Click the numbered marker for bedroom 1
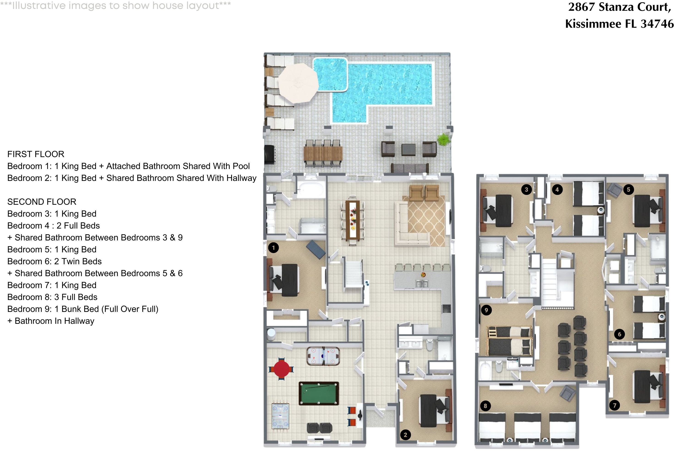[x=273, y=248]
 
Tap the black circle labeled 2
[x=405, y=435]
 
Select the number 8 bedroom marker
[x=485, y=406]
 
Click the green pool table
[x=319, y=393]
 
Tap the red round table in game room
[x=281, y=369]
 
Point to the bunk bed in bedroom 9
[x=509, y=341]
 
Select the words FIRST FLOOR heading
[x=36, y=154]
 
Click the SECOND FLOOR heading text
[x=42, y=202]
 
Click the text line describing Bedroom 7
[x=52, y=285]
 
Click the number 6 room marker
[x=619, y=334]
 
